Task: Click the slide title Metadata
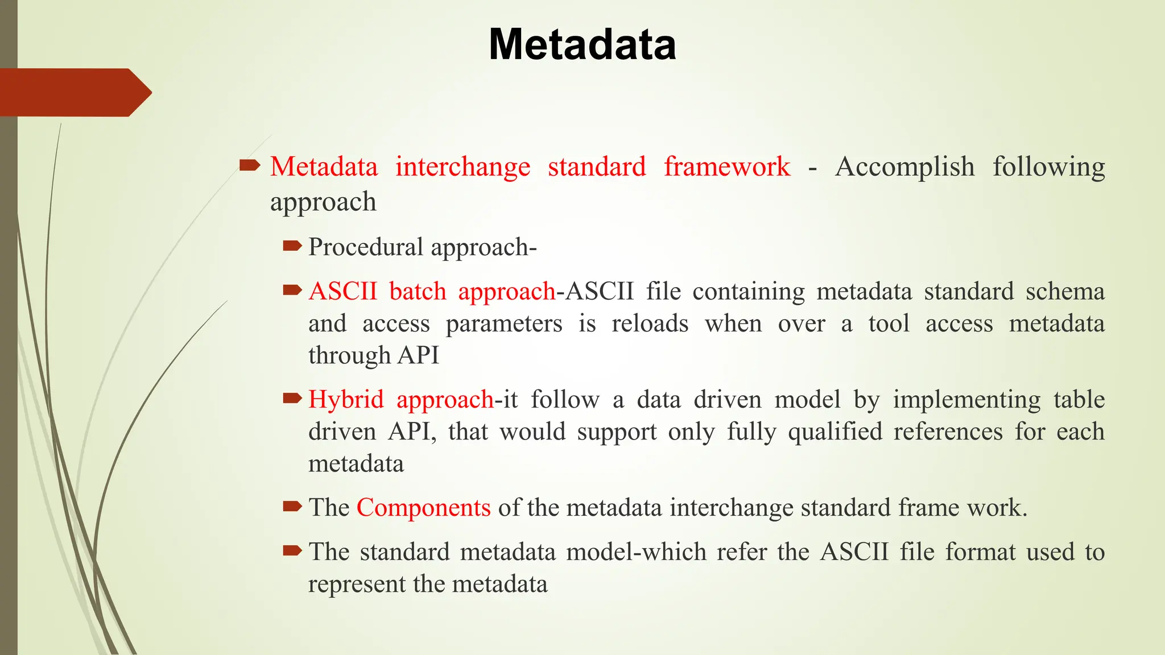[582, 44]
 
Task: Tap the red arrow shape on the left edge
[74, 93]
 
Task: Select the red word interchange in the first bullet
[462, 167]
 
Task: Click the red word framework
[727, 167]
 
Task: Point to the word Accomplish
[904, 167]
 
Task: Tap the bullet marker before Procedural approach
[292, 246]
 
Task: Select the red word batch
[418, 292]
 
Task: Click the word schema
[1065, 292]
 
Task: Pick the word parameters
[503, 324]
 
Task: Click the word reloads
[650, 324]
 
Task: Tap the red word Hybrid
[346, 400]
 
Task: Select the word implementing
[966, 400]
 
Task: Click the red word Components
[423, 508]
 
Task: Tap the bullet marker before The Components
[292, 506]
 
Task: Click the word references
[948, 432]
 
